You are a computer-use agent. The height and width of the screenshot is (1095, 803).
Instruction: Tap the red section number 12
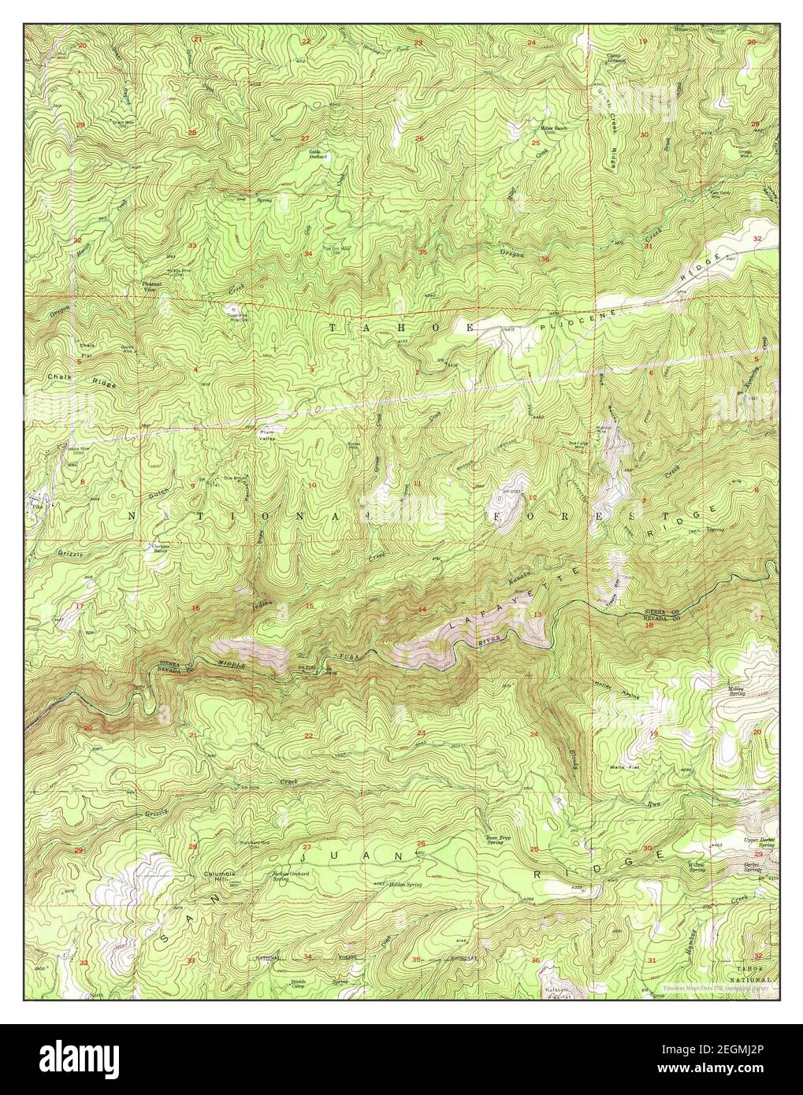[x=532, y=498]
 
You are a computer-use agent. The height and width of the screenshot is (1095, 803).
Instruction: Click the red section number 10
[x=312, y=485]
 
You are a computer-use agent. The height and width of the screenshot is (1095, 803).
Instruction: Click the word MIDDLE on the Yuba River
[x=234, y=666]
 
